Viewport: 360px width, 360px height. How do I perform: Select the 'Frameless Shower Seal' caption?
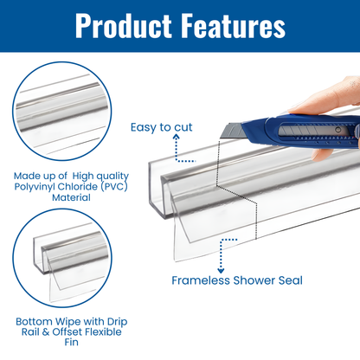tap(236, 280)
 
